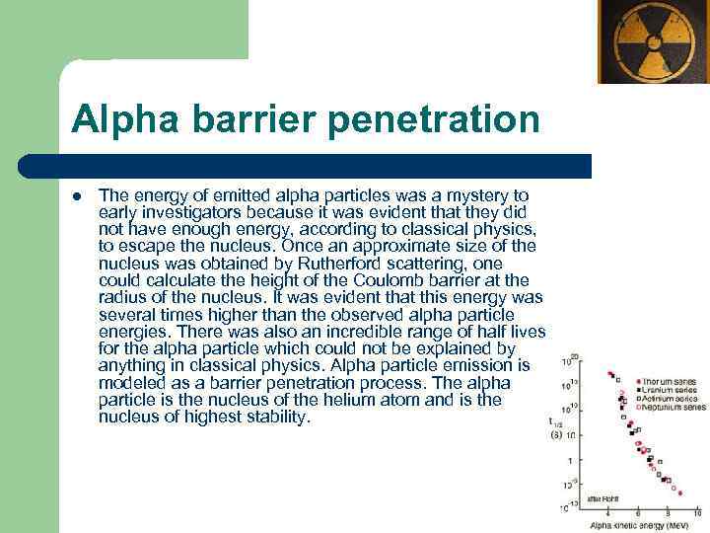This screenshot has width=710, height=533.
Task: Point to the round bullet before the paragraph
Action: click(76, 194)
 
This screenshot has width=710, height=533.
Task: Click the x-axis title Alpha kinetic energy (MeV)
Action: click(639, 526)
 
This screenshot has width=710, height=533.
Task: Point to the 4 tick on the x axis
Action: click(608, 514)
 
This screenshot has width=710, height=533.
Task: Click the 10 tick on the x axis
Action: click(697, 514)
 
